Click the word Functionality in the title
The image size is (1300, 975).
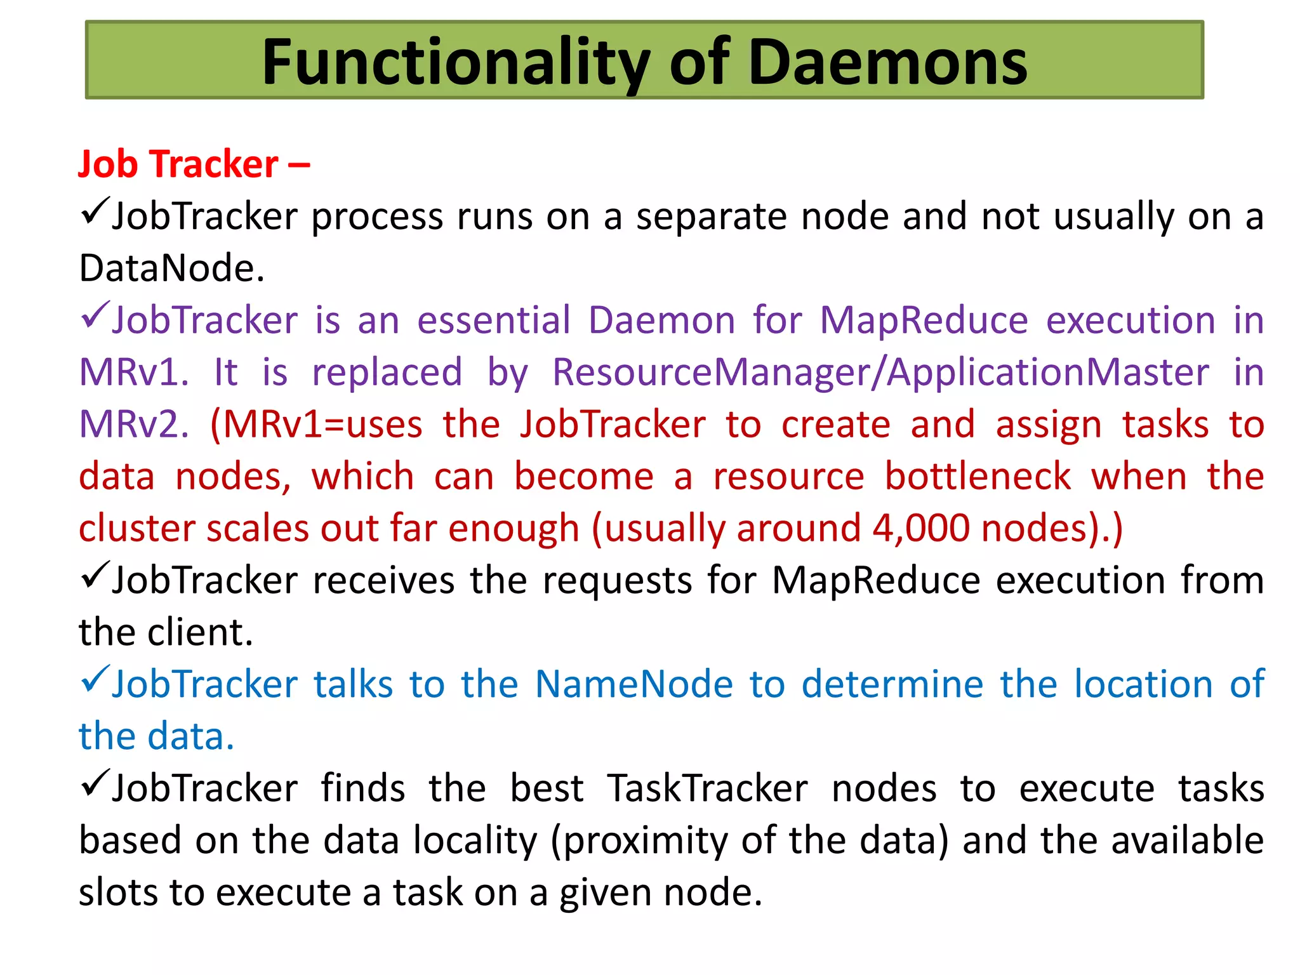456,63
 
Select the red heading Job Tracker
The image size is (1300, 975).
178,164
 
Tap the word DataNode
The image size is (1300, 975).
171,268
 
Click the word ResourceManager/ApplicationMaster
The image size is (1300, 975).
880,372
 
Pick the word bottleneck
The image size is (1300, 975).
978,476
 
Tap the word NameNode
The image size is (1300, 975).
634,684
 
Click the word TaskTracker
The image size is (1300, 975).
707,788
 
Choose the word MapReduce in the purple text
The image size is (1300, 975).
924,320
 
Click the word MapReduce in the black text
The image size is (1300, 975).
876,580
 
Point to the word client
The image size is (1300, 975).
200,632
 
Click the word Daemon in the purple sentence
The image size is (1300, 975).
661,320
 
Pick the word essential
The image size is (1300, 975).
494,320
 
